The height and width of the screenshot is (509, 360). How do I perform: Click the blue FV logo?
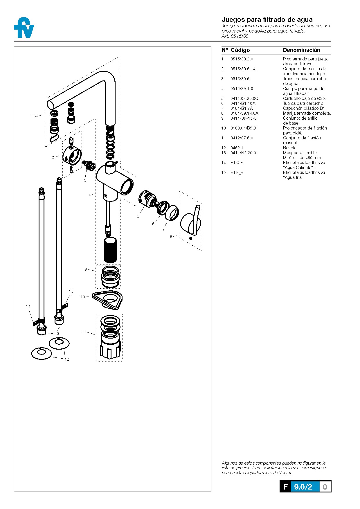(x=24, y=28)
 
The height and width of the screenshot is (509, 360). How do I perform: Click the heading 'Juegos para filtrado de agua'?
(x=267, y=19)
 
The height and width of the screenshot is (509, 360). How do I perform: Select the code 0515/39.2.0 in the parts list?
(x=242, y=59)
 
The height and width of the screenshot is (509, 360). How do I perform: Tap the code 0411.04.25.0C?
(x=244, y=98)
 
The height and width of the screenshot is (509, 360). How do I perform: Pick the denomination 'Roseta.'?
(x=290, y=148)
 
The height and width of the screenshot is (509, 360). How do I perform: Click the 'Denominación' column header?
(x=302, y=50)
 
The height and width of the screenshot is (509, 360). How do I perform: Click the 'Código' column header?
(x=240, y=50)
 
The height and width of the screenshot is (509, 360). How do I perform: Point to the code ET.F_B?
(x=237, y=172)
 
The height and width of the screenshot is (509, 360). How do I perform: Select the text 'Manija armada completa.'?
(x=307, y=113)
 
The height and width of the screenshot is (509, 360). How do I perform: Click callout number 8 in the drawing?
(x=171, y=237)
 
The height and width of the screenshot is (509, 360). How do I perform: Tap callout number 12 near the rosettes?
(x=67, y=359)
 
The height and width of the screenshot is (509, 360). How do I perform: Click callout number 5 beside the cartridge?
(x=138, y=216)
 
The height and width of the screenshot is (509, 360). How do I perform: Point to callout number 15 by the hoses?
(x=71, y=291)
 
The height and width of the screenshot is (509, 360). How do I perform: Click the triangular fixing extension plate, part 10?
(x=107, y=300)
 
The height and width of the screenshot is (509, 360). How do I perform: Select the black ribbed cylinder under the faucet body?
(x=110, y=250)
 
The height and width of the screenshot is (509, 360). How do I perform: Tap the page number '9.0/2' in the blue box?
(x=303, y=487)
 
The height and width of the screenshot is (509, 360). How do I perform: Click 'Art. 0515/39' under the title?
(x=235, y=36)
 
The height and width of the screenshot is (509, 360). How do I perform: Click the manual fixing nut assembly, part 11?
(x=110, y=338)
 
